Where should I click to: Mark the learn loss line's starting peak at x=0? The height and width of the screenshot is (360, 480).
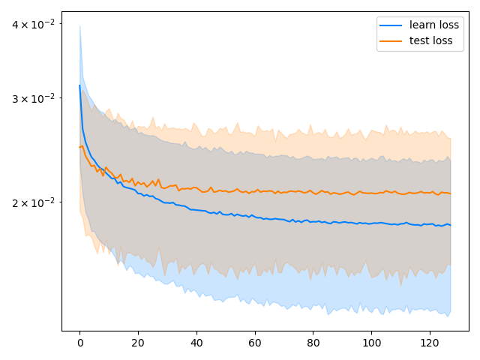coord(79,85)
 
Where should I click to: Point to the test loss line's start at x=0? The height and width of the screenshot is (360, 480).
coord(79,147)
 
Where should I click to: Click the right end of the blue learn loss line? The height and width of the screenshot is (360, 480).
coord(450,225)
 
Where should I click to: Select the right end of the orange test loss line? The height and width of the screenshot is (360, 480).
coord(450,193)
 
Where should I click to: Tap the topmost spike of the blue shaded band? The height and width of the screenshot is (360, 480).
coord(79,26)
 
